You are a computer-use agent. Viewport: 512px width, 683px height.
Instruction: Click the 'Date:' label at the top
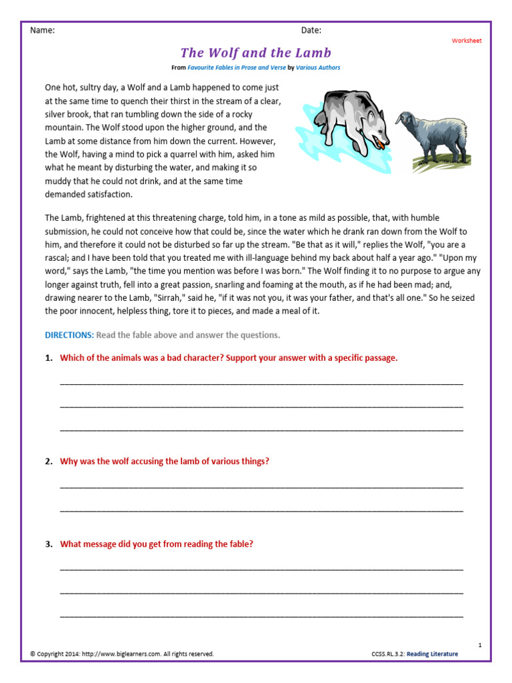(x=311, y=30)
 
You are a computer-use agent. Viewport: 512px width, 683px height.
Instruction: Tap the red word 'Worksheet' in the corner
(x=467, y=41)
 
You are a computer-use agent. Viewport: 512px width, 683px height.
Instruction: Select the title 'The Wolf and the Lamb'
(x=256, y=53)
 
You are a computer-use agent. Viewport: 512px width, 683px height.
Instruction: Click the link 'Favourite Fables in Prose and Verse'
(x=236, y=67)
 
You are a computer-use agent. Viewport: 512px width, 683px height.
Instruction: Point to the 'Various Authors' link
(x=318, y=67)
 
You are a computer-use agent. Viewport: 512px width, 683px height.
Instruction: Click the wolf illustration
(x=347, y=120)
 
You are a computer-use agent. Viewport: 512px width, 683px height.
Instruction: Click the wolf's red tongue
(x=380, y=141)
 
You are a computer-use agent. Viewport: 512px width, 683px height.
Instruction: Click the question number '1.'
(x=49, y=358)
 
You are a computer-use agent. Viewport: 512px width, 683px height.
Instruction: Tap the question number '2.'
(x=49, y=461)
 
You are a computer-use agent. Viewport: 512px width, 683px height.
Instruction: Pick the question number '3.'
(x=49, y=544)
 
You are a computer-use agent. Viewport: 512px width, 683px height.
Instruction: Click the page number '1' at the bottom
(x=480, y=644)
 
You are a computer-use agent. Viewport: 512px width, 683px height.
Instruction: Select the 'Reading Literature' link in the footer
(x=433, y=654)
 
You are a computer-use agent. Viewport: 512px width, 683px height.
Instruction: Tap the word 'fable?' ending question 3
(x=240, y=544)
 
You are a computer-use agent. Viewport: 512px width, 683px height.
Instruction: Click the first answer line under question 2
(x=261, y=486)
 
